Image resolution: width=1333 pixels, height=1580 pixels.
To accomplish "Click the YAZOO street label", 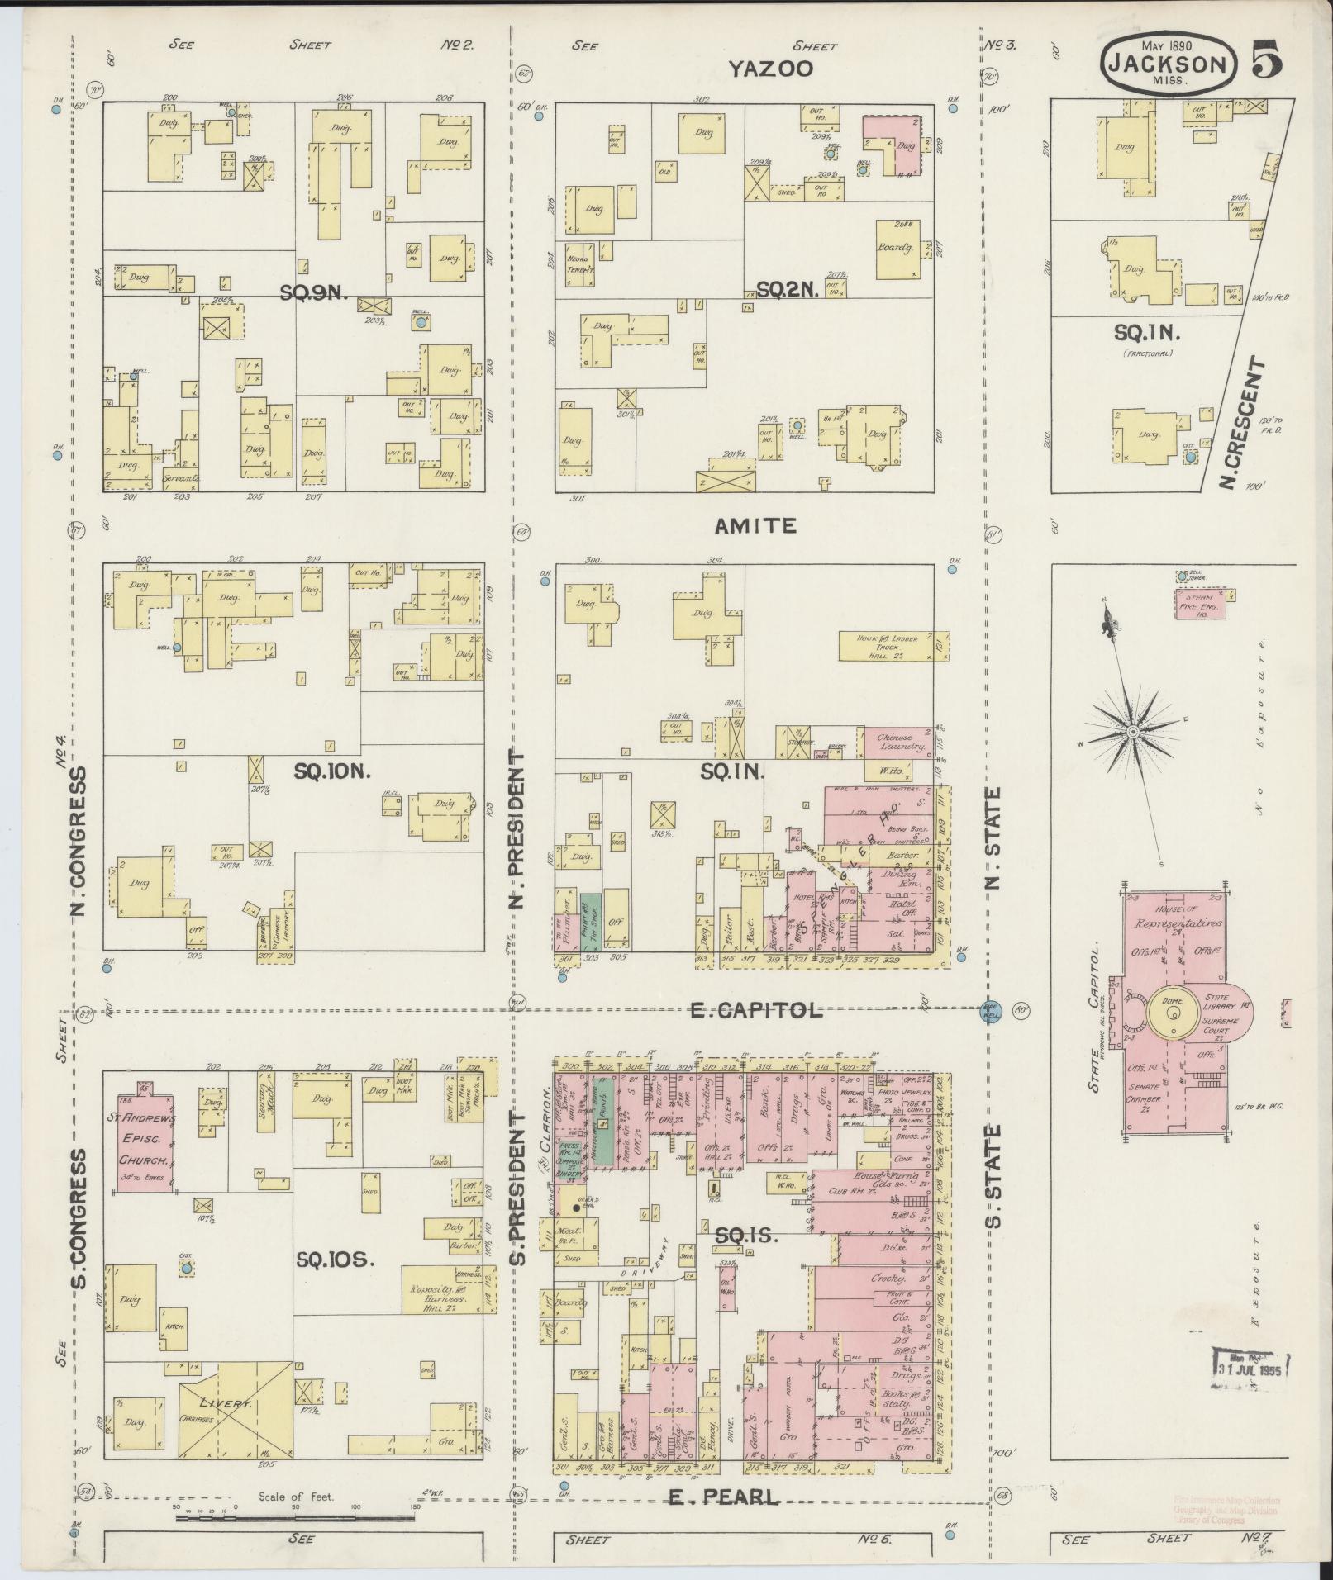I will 769,69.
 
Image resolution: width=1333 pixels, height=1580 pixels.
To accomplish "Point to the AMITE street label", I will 755,525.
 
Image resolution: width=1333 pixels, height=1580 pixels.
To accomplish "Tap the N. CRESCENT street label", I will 1244,422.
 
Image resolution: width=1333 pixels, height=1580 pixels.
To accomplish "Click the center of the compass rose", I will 1132,731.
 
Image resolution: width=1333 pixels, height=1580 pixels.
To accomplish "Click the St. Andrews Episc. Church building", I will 144,1142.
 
